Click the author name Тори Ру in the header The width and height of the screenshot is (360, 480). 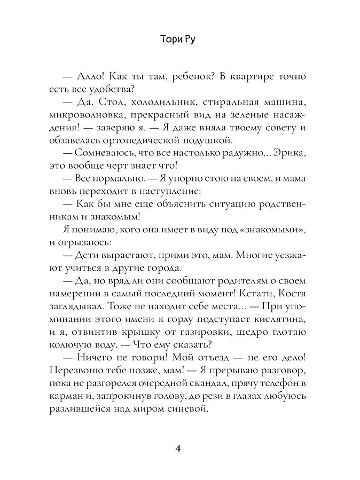(179, 42)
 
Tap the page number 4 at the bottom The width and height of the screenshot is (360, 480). (179, 447)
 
